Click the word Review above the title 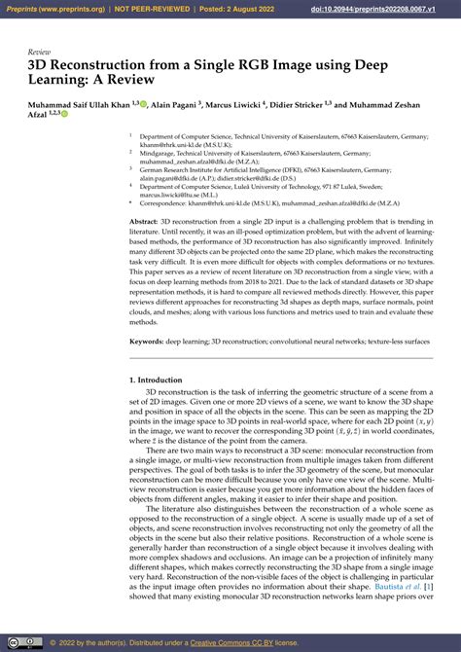pyautogui.click(x=40, y=51)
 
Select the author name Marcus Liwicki pyautogui.click(x=241, y=103)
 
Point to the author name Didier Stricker pyautogui.click(x=316, y=103)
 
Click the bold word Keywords pyautogui.click(x=147, y=343)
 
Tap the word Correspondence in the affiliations pyautogui.click(x=169, y=202)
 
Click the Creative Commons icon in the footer pyautogui.click(x=11, y=642)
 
